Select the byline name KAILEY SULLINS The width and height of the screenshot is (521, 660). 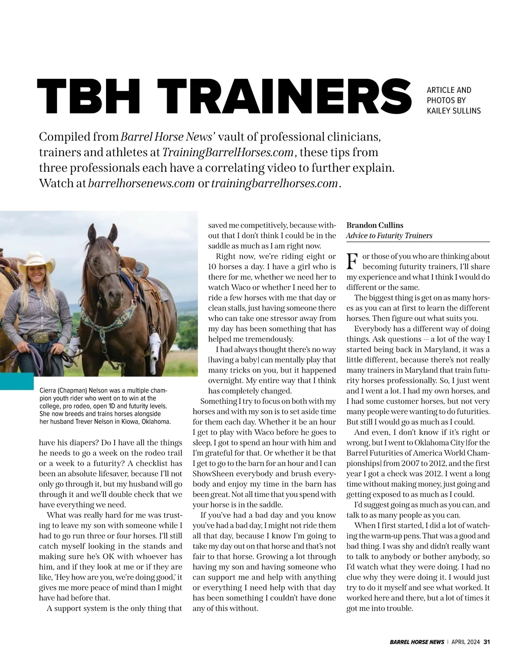[x=454, y=111]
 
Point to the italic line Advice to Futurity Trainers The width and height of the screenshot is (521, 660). [x=389, y=235]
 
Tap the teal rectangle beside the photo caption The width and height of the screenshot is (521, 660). [x=16, y=381]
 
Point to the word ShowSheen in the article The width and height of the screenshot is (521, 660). [x=211, y=474]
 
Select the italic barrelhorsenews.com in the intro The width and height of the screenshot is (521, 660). [x=141, y=183]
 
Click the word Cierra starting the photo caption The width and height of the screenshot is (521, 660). [x=49, y=390]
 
